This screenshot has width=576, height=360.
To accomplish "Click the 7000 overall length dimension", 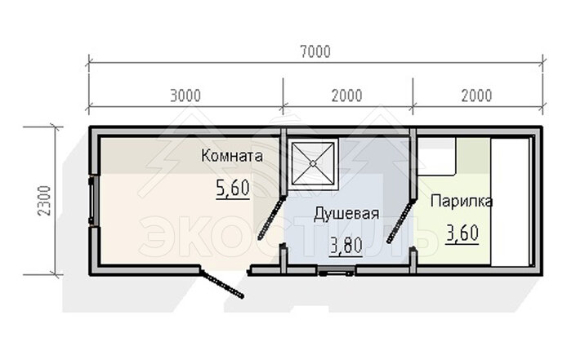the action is pos(315,51).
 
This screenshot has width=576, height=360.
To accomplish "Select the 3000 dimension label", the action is pos(185,96).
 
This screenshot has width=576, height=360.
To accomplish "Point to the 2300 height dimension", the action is pos(44,201).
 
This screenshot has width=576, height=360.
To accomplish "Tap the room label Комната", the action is pos(232,156).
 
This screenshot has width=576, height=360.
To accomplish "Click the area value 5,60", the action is pos(233,189).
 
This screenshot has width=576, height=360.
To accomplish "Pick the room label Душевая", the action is pos(346,214).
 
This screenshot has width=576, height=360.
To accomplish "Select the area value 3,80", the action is pos(346,246).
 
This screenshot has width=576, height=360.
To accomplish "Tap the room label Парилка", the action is pos(462,201).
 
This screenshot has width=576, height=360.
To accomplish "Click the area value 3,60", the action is pos(462,233).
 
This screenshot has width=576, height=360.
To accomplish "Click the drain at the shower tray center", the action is pos(313,163).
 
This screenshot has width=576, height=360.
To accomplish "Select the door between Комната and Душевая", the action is pos(271,218).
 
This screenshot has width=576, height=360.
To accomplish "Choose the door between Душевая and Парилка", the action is pos(401,220).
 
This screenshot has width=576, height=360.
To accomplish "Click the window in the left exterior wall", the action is pos(92,201).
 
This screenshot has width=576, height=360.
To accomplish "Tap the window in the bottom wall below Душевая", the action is pos(337,271).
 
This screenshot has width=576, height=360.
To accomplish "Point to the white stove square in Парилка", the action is pos(437,157).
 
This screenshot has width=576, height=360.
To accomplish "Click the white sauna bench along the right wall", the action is pos(511,202).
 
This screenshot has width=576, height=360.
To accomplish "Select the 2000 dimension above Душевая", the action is pos(346,96).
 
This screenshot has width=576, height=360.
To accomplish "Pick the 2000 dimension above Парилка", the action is pos(476,96).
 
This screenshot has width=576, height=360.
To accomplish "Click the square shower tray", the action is pos(313,163).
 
